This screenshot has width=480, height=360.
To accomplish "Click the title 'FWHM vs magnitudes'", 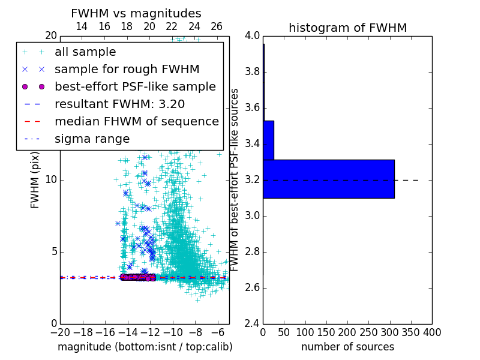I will (136, 14).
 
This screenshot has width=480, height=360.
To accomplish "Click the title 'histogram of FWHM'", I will (347, 28).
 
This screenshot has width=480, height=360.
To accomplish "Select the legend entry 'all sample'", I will (85, 52).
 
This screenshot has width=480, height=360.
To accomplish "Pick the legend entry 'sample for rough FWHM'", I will (127, 69).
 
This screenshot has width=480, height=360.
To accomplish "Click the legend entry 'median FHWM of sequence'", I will (136, 121).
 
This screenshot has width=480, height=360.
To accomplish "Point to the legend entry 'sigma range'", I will (92, 139).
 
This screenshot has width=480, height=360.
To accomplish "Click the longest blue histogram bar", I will (329, 179).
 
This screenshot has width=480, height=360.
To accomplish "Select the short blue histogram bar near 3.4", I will (268, 140).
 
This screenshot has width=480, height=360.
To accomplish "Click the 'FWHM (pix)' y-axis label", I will (35, 179).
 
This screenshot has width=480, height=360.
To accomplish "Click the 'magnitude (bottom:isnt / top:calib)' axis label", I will (145, 347).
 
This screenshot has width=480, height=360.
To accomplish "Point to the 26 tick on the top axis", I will (217, 26).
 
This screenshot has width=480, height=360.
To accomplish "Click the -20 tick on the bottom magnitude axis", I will (60, 332).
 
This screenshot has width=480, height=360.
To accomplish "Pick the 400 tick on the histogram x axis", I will (432, 332).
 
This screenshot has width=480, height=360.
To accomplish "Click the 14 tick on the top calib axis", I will (82, 26).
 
